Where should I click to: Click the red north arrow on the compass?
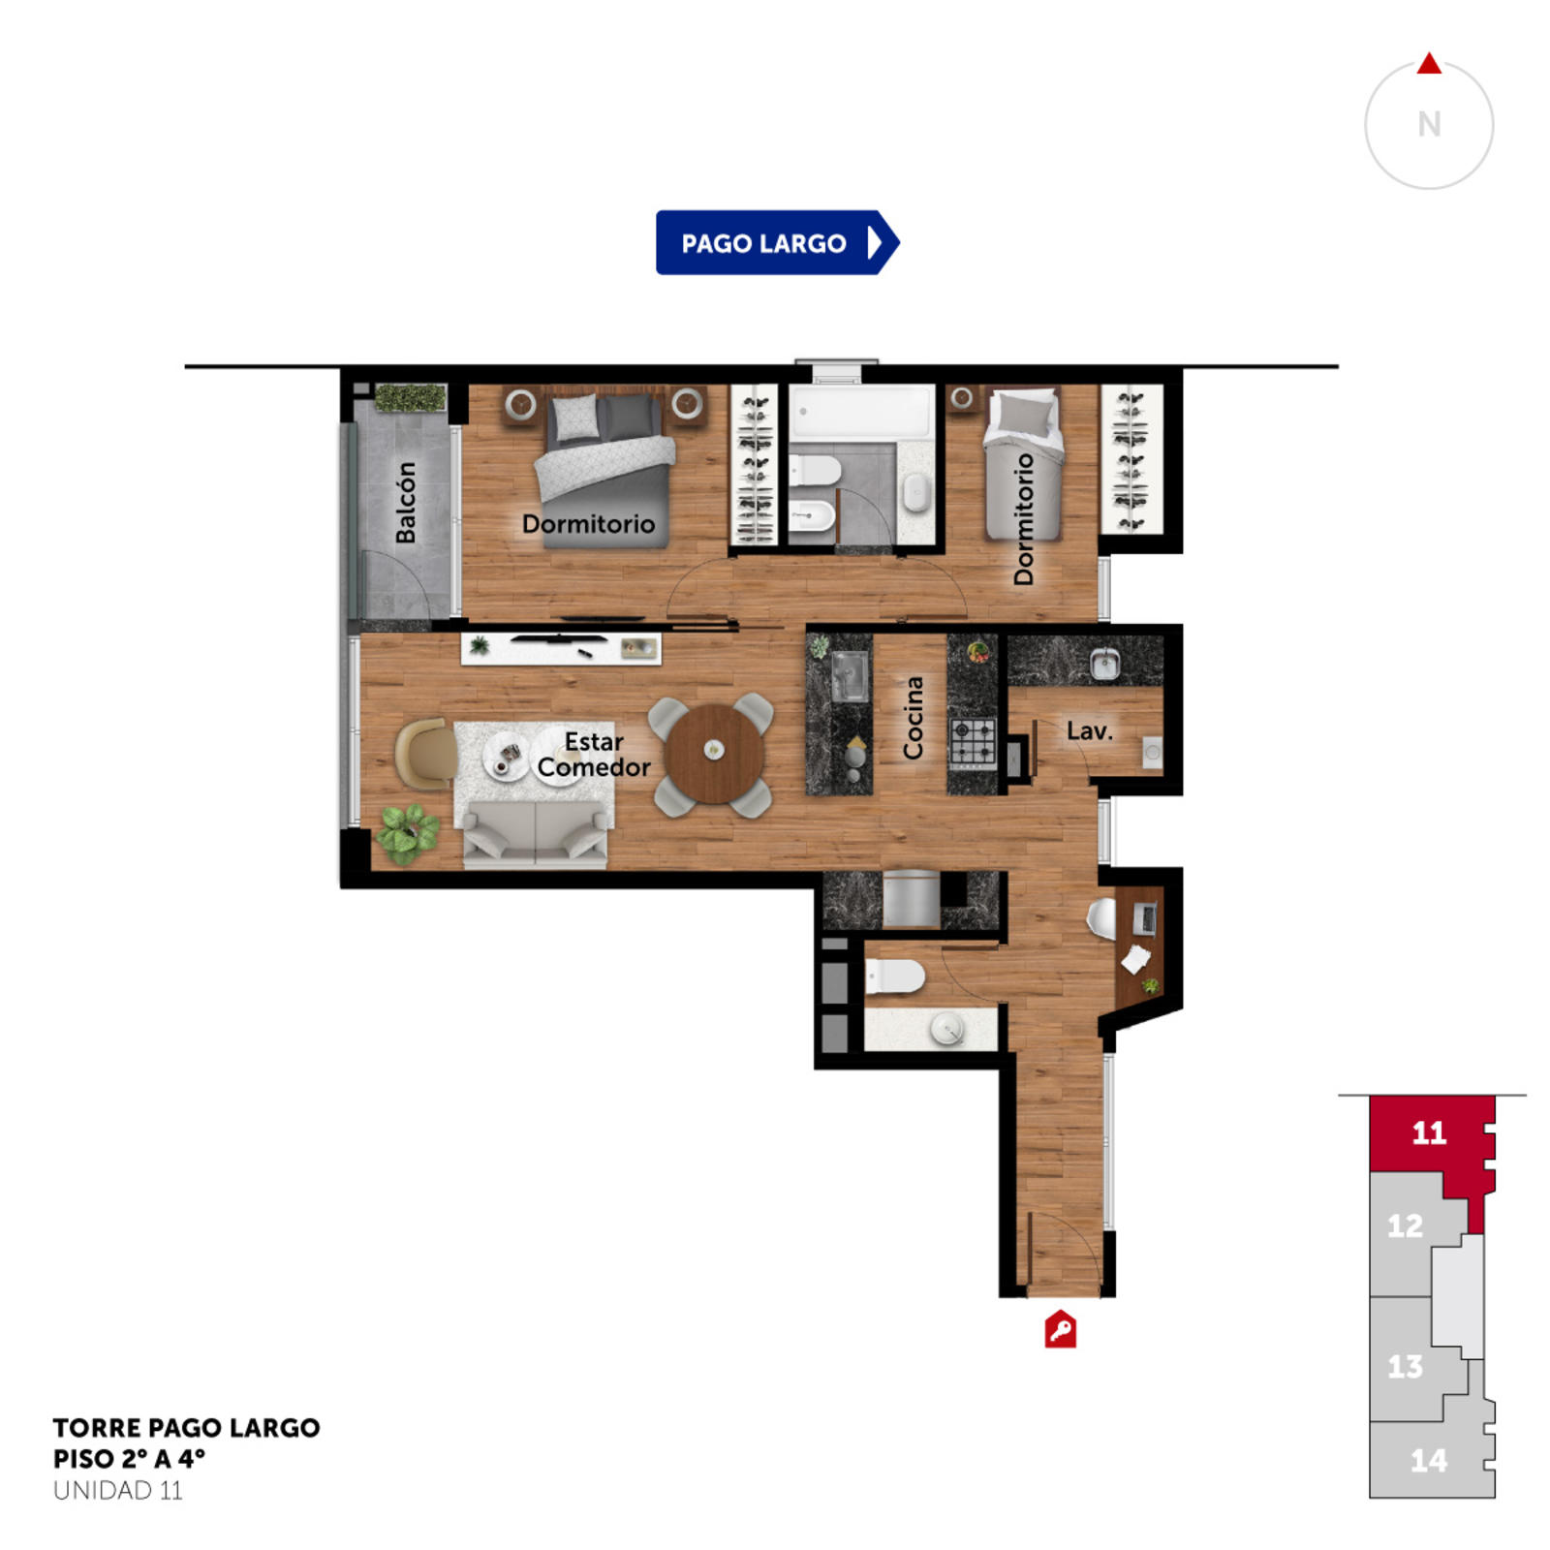coord(1429,64)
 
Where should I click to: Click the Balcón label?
coord(406,502)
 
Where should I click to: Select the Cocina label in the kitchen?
coord(913,717)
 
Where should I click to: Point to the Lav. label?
coord(1089,731)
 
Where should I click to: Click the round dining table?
coord(714,753)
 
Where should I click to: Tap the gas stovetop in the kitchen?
coord(973,743)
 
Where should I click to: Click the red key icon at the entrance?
coord(1061,1329)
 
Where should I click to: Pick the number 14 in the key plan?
coord(1429,1460)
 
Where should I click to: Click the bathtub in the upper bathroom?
coord(860,414)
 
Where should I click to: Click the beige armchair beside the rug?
coord(425,753)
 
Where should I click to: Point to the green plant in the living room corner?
coord(408,832)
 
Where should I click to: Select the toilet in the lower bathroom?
coord(894,976)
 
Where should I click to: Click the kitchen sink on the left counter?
coord(849,675)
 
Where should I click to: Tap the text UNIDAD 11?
coord(117,1490)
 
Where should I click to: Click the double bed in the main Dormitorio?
coord(605,470)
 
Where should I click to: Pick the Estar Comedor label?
coord(594,754)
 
